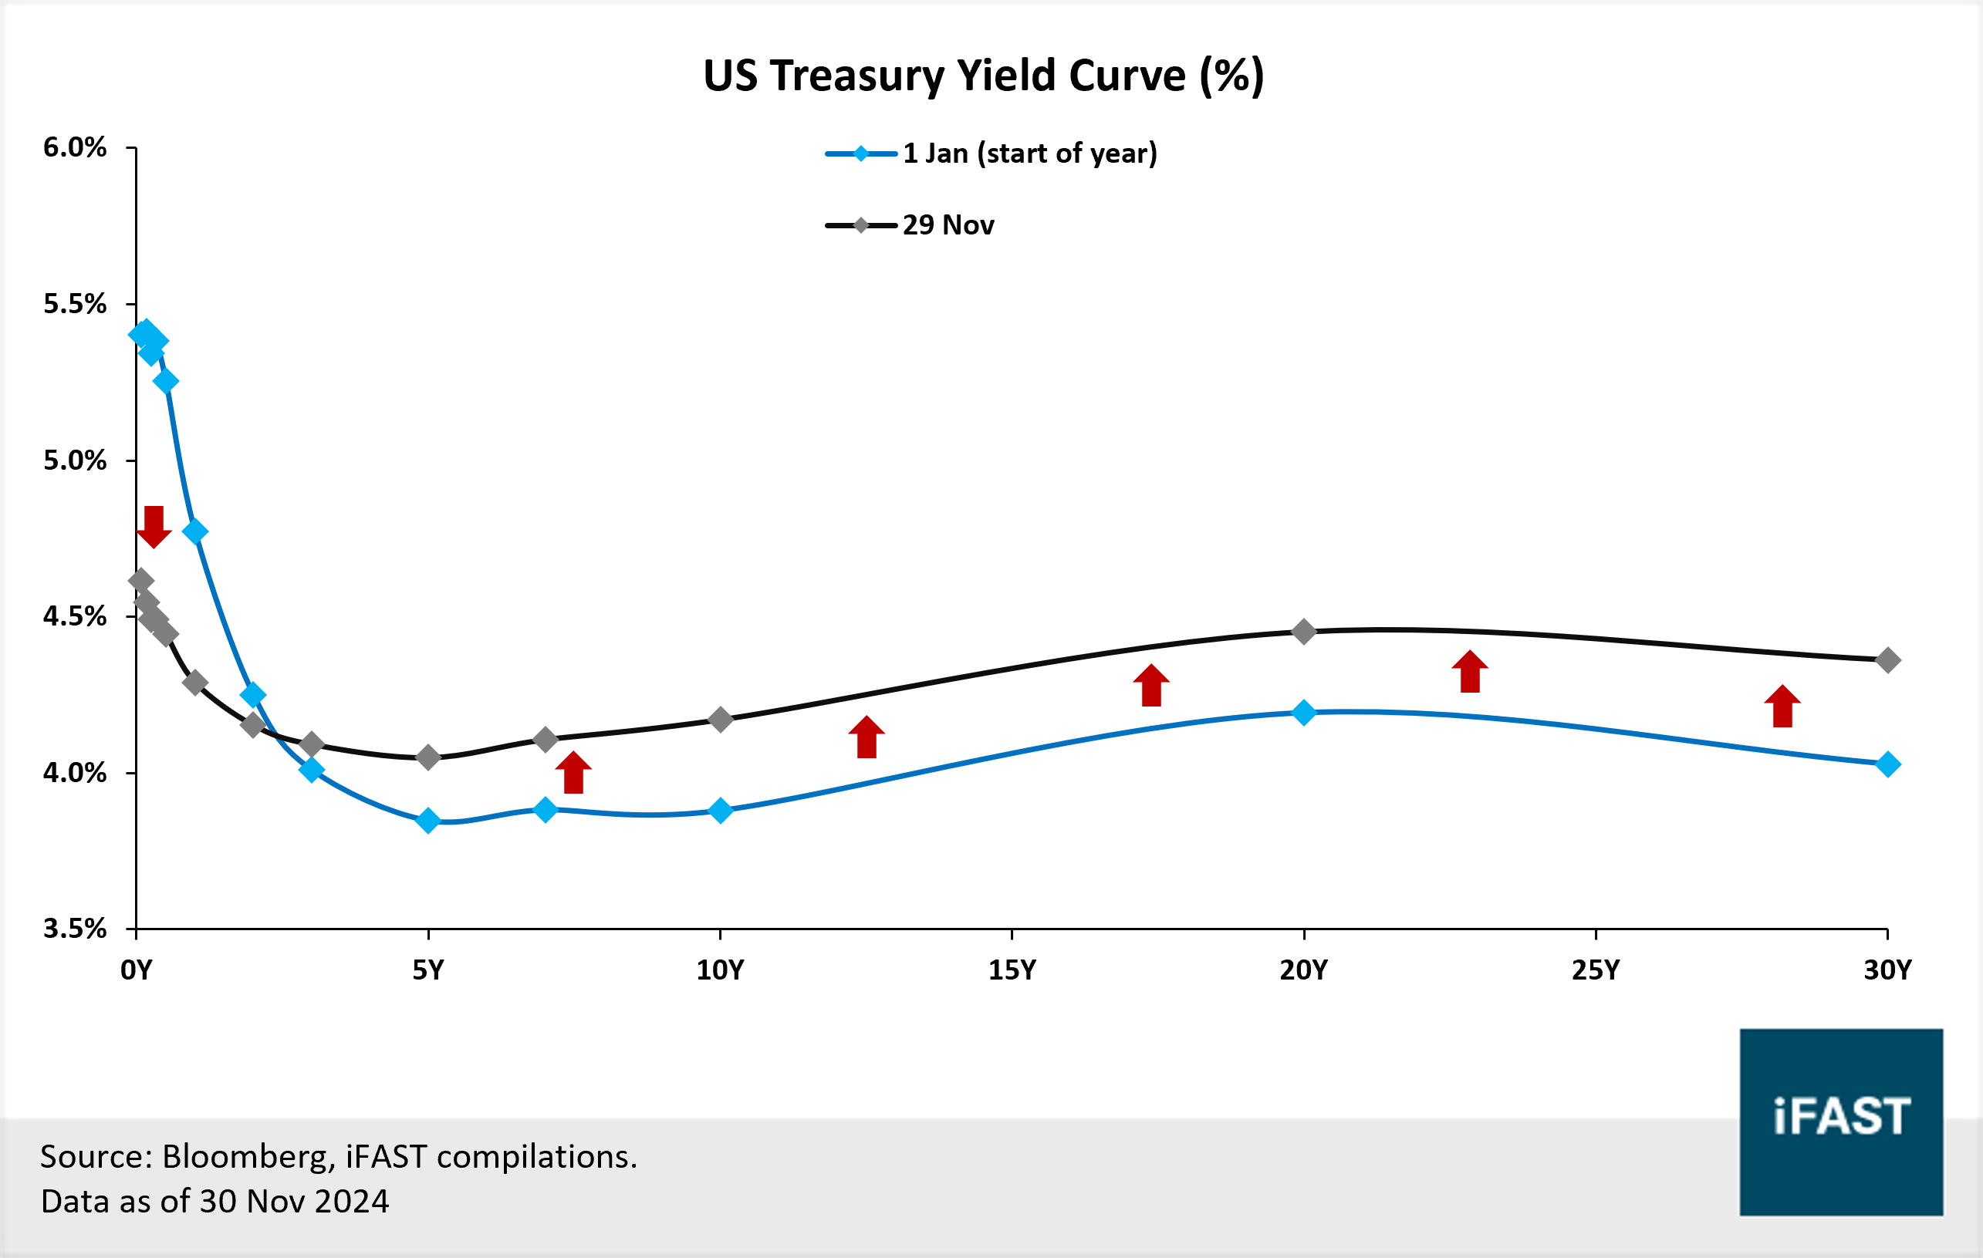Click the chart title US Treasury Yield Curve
point(983,76)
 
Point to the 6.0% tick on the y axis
point(74,148)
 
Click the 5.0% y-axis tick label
point(74,460)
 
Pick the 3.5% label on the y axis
point(74,929)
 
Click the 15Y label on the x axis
point(1012,970)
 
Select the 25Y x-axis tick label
point(1595,970)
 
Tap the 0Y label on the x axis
point(136,970)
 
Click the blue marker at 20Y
point(1303,712)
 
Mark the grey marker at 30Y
point(1888,660)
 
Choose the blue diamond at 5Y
point(427,821)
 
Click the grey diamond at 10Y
point(721,720)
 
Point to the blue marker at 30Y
point(1888,765)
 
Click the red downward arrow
point(154,527)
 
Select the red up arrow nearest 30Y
point(1782,707)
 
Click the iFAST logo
point(1841,1121)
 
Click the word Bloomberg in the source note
point(248,1158)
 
